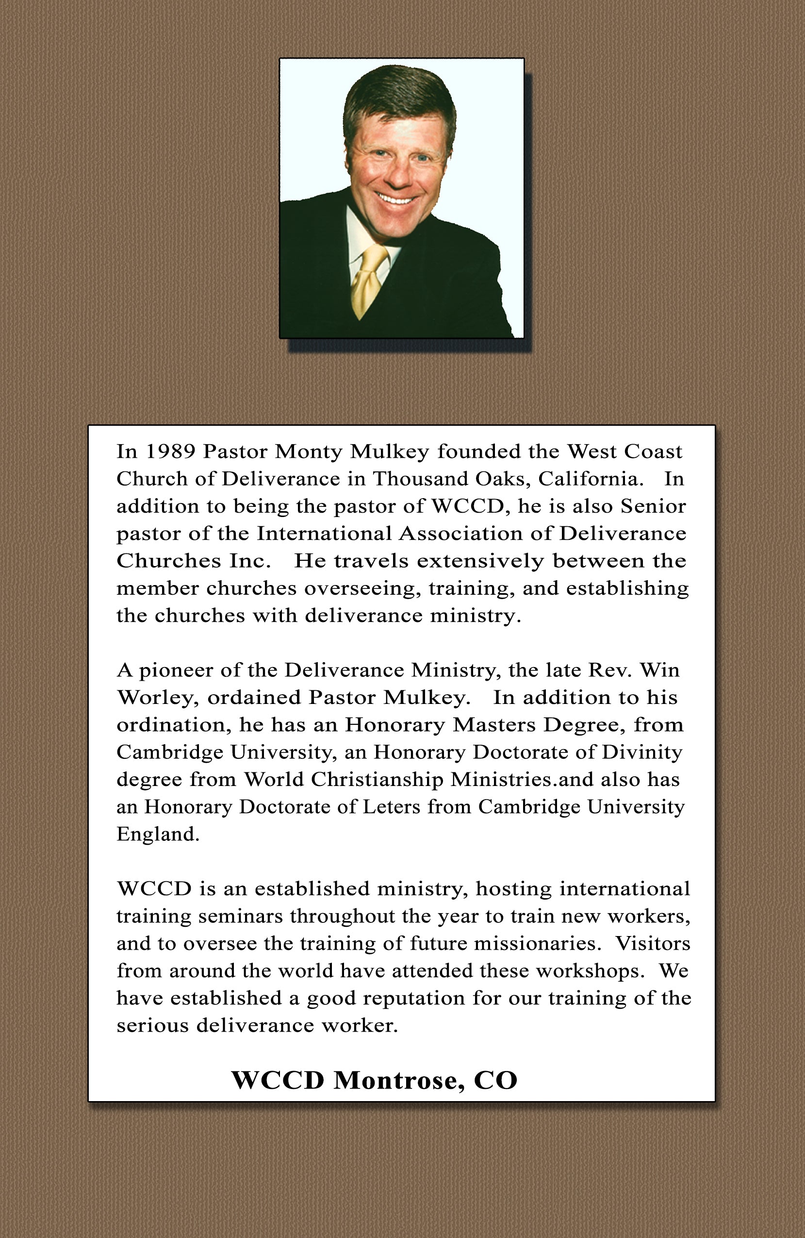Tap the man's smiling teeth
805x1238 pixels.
pyautogui.click(x=396, y=199)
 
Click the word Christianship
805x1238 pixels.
pyautogui.click(x=377, y=780)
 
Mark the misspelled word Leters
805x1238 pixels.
pyautogui.click(x=391, y=807)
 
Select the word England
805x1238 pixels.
pyautogui.click(x=158, y=835)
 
